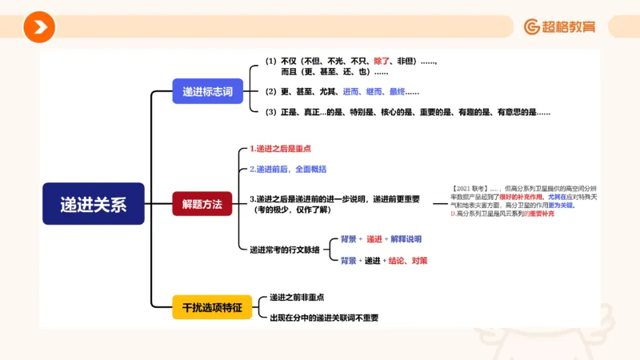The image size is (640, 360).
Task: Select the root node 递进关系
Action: coord(93,203)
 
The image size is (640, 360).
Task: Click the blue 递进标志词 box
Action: coord(207,91)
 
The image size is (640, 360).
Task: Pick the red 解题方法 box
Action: coord(202,204)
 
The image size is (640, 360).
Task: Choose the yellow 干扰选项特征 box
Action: coord(212,306)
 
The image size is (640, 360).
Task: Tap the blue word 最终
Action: coord(401,92)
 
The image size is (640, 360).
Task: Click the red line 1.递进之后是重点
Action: coord(280,149)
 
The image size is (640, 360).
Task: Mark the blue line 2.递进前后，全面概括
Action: coord(288,170)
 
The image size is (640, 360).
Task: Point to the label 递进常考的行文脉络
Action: coord(284,250)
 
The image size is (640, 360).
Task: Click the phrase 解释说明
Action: coord(406,239)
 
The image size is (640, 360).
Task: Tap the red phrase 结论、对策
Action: coord(408,261)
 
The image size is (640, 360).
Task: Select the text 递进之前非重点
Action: coord(297,297)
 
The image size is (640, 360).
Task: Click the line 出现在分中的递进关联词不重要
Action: coord(324,318)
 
